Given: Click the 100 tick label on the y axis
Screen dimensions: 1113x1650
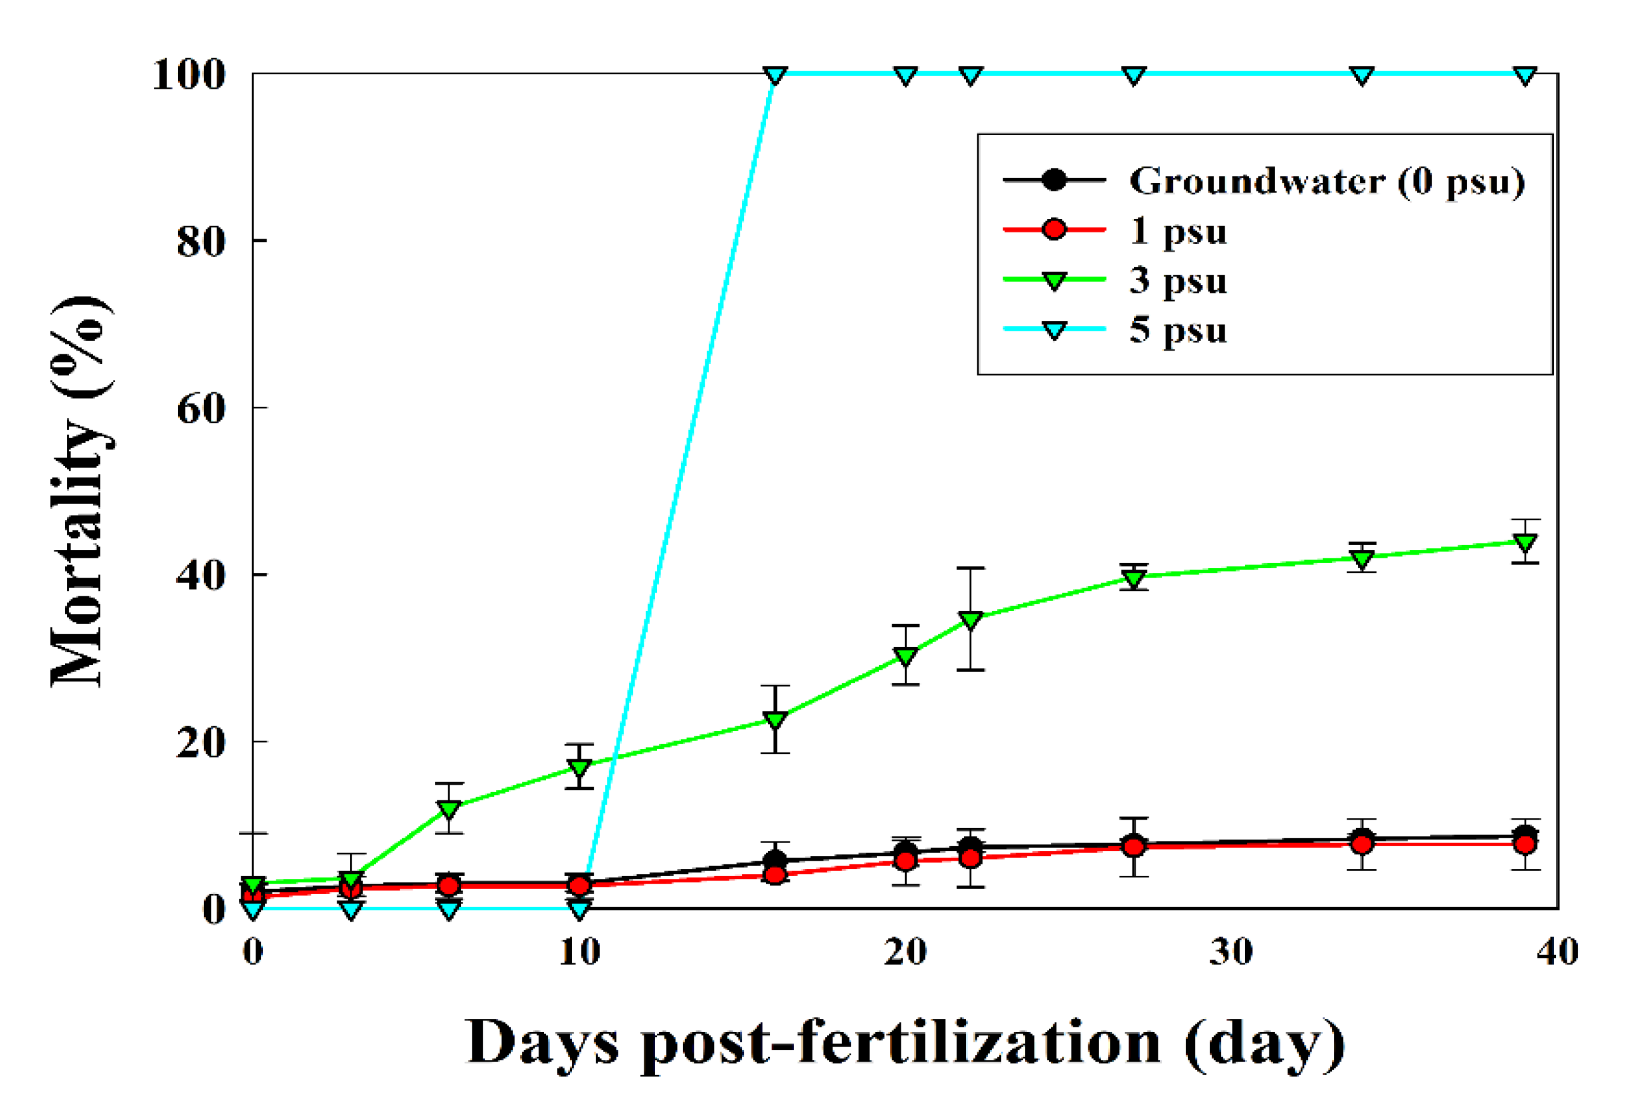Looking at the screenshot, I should [x=189, y=74].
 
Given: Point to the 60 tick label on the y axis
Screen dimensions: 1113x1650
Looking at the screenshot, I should [x=201, y=408].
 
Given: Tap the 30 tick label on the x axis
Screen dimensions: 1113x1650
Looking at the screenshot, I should [x=1231, y=951].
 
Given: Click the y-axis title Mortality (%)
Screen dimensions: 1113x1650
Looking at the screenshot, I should [x=80, y=491].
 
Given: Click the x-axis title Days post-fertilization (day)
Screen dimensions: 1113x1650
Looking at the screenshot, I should [x=905, y=1042].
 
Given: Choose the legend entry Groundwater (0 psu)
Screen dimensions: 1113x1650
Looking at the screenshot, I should [x=1327, y=181].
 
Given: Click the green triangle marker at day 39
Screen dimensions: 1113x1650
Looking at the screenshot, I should [x=1525, y=543].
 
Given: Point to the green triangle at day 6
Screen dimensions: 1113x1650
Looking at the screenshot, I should [x=448, y=808].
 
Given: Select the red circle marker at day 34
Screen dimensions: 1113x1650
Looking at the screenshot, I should [x=1361, y=844].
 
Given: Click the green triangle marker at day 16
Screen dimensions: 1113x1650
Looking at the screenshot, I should [x=775, y=719].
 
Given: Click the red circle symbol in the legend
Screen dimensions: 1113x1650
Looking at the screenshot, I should [x=1054, y=230].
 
